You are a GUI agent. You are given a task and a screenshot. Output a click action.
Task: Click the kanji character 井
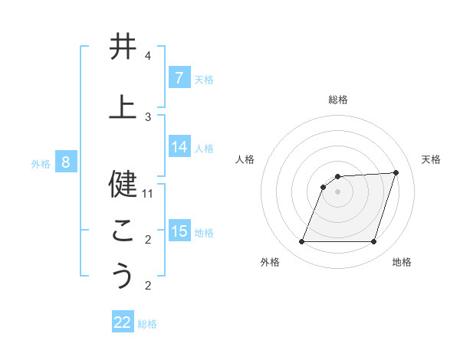tap(123, 48)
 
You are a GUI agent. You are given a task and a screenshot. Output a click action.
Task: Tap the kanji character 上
tap(123, 106)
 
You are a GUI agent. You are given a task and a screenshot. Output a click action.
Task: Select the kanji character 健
tap(123, 184)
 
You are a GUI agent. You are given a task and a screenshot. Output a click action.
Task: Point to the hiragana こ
tap(123, 230)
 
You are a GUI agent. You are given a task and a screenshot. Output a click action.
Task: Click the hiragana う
tap(123, 275)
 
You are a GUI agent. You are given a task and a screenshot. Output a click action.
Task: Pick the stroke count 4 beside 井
tap(148, 56)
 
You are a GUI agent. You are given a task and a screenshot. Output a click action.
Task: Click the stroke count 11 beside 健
tap(148, 193)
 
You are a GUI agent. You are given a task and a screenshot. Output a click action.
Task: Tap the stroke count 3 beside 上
tap(148, 116)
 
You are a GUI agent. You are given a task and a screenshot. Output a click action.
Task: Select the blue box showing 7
tap(179, 77)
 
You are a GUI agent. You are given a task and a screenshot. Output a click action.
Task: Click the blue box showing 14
tap(179, 146)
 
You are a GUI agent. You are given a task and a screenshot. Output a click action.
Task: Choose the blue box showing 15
tap(179, 231)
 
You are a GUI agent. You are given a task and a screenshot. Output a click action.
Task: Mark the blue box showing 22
tap(123, 322)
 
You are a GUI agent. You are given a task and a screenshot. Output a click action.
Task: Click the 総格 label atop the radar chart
tap(338, 100)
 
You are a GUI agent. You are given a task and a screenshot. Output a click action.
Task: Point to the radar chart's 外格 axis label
tap(270, 262)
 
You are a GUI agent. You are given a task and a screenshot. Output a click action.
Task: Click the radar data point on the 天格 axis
tap(396, 173)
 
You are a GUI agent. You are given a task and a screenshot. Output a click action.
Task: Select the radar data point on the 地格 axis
tap(373, 241)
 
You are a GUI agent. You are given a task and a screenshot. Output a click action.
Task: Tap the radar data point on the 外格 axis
tap(301, 241)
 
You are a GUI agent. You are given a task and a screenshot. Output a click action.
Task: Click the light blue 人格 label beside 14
tap(204, 147)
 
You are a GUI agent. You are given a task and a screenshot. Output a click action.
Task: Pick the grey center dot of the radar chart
tap(337, 191)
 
